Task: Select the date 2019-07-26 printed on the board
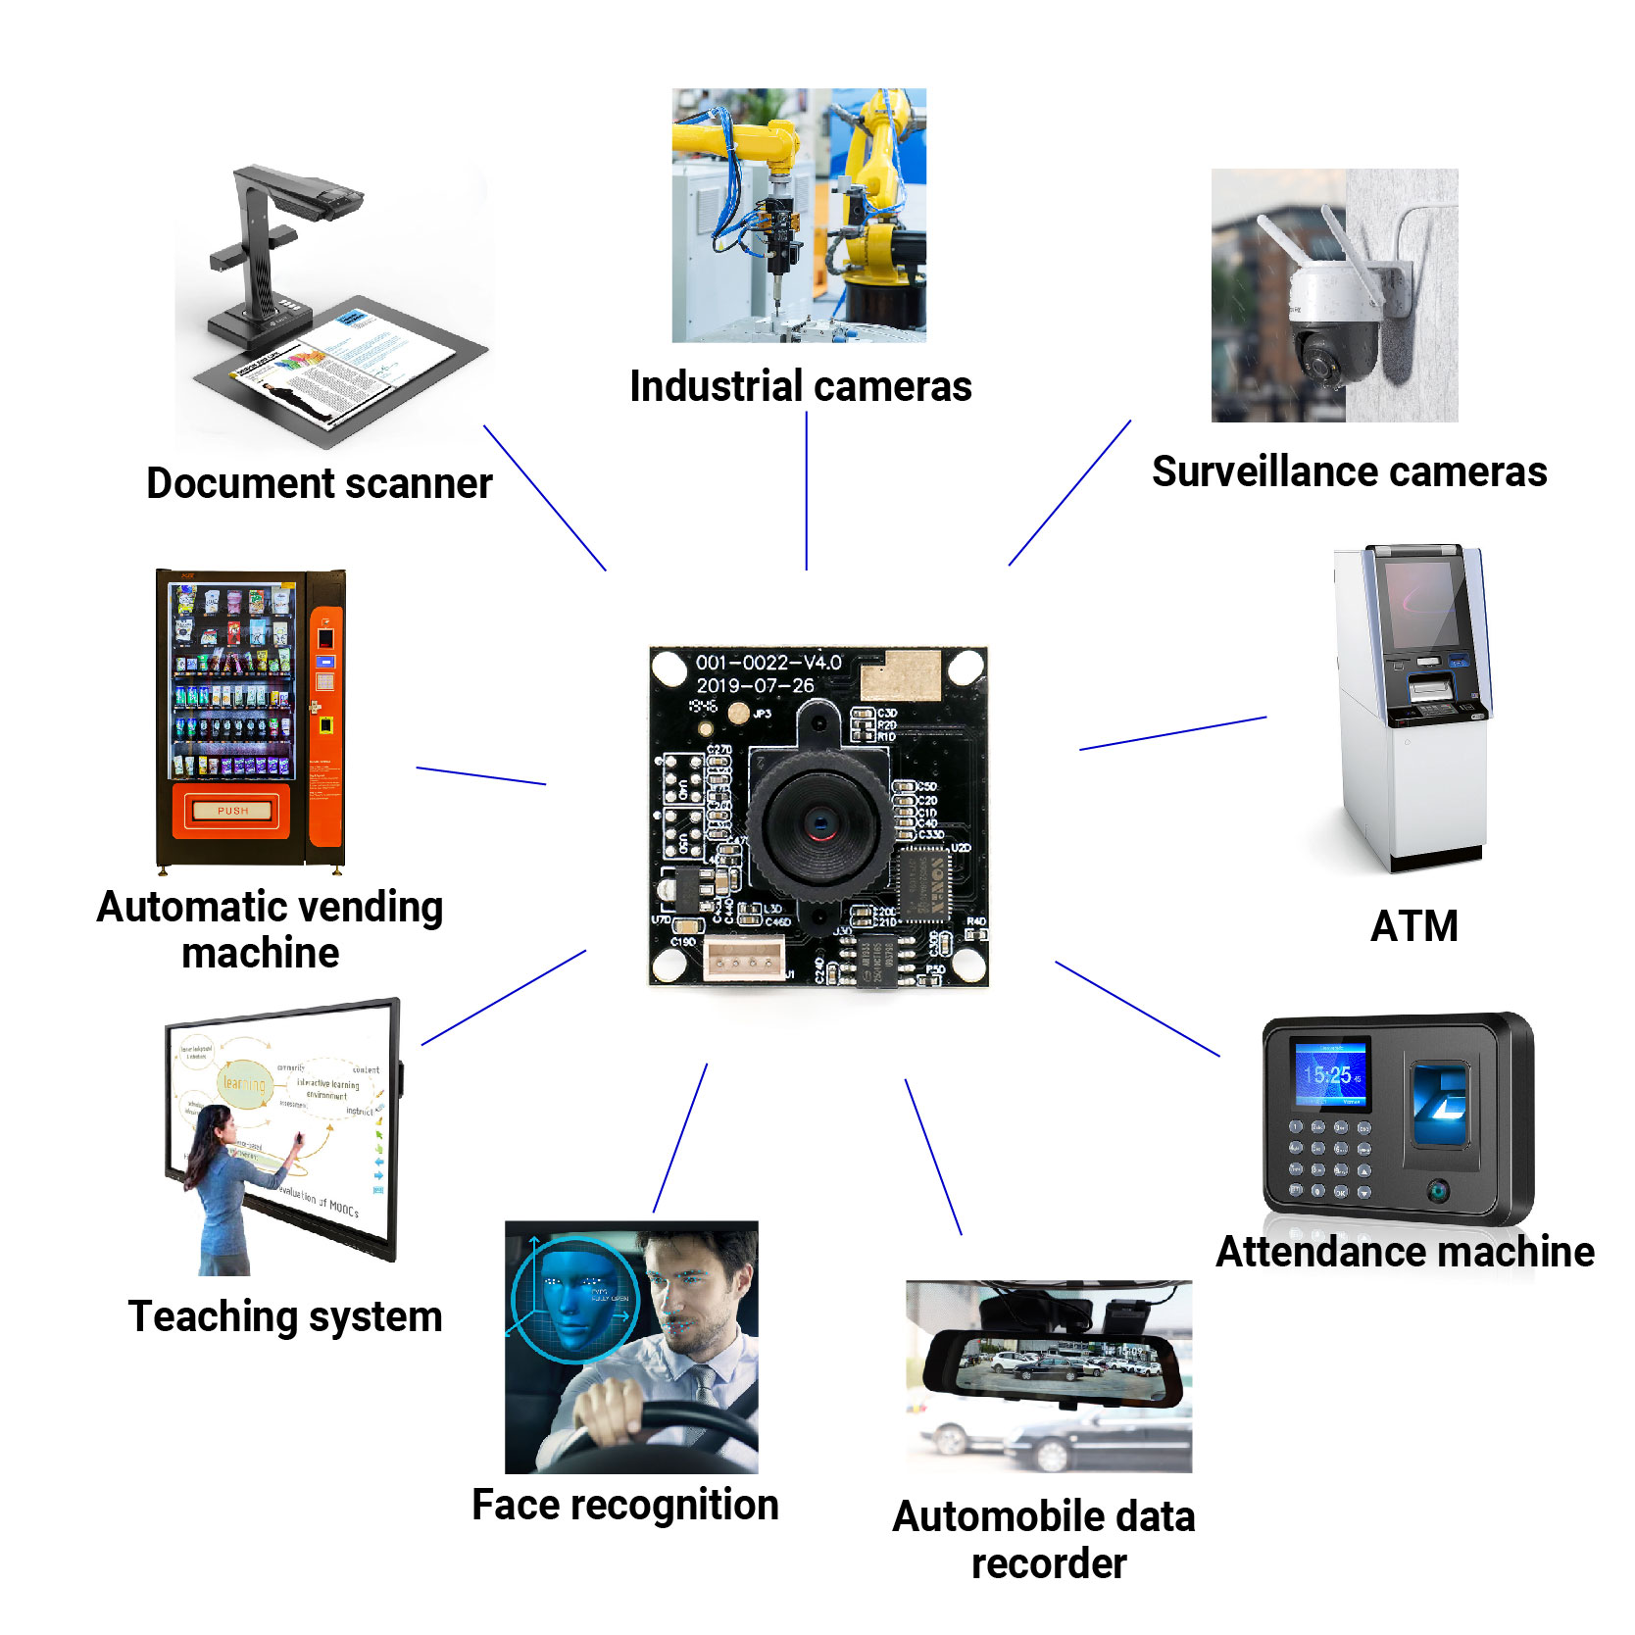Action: point(755,685)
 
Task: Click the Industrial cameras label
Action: point(800,386)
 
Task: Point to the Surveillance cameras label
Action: point(1349,471)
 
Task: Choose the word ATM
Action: point(1413,925)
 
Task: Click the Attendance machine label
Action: point(1404,1252)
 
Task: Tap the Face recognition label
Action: point(624,1505)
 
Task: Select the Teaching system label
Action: point(284,1315)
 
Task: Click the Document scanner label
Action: point(319,483)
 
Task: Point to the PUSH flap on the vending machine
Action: point(232,811)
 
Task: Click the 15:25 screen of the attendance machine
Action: point(1331,1074)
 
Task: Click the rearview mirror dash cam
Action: point(1055,1364)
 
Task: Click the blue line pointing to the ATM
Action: point(1172,733)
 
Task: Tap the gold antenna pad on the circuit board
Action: point(900,674)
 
